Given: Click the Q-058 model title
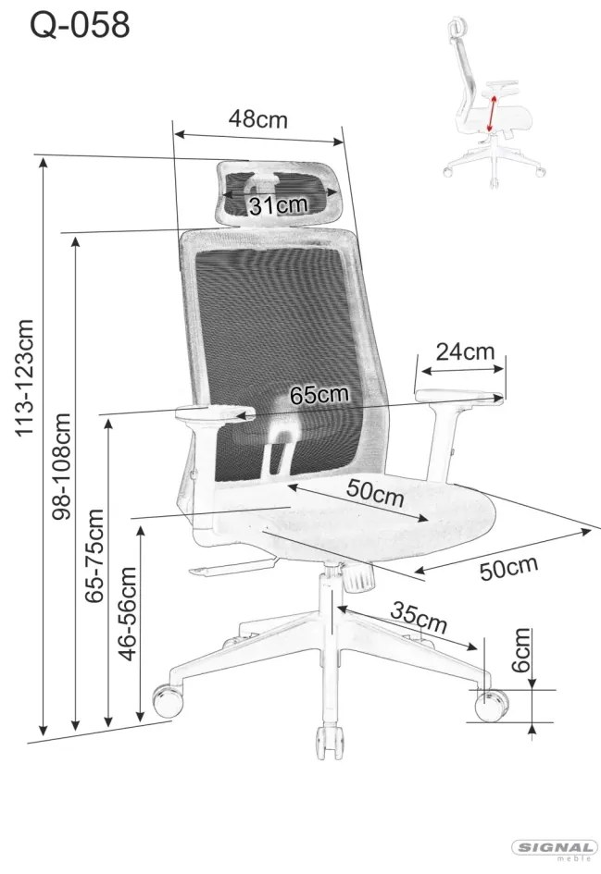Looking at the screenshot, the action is [80, 25].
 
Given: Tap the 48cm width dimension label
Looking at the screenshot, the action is [257, 118].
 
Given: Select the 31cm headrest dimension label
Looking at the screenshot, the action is [278, 205].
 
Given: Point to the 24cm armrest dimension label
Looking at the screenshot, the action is [466, 351].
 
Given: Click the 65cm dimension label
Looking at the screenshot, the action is [319, 395].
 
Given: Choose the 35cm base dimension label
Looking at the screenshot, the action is [419, 617].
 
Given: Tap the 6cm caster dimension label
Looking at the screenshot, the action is [520, 650].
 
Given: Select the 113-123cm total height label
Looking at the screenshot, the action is [25, 378].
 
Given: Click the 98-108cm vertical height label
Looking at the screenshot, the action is [61, 466].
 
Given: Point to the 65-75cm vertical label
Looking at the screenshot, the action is [94, 556].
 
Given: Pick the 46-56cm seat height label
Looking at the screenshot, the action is [128, 614].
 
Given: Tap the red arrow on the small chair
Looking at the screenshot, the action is [492, 113].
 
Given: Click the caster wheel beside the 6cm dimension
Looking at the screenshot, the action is [491, 706].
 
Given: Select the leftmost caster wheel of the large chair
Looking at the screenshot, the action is [168, 701].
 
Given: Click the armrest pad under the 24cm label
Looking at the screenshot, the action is [459, 396].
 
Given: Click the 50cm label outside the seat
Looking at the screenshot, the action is [509, 568].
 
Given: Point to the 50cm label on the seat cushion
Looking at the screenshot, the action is [375, 492].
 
